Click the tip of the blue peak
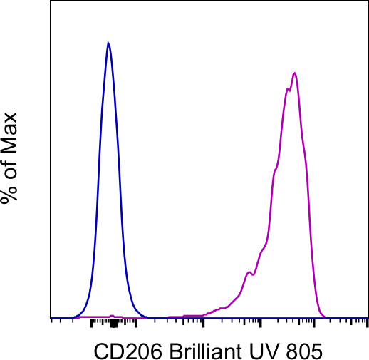108,43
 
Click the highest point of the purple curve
294,73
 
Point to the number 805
302,350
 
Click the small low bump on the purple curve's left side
249,272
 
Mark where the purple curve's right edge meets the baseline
325,317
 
